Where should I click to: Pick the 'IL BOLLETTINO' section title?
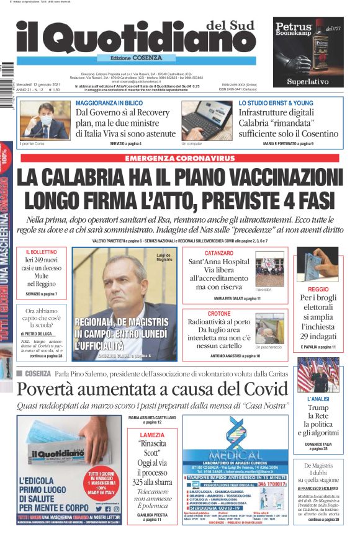click(42, 253)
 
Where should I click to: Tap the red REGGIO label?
click(317, 289)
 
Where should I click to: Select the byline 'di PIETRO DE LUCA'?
click(41, 332)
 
